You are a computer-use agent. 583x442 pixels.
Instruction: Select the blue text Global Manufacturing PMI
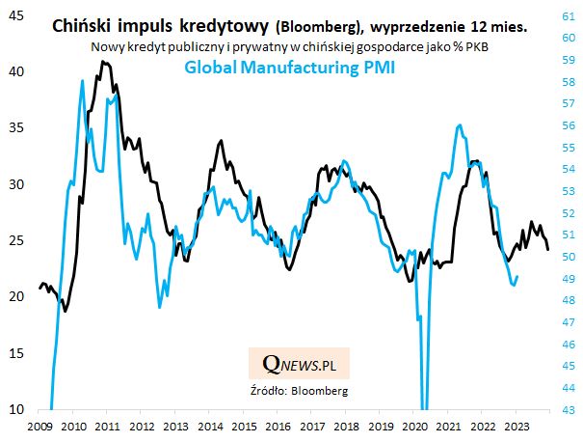coord(290,69)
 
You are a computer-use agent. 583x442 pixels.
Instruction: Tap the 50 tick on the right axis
coord(569,256)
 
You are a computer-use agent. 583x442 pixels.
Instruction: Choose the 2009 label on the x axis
coord(40,425)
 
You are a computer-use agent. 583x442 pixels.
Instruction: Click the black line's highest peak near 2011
coord(102,61)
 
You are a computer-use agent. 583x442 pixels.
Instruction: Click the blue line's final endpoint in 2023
coord(517,277)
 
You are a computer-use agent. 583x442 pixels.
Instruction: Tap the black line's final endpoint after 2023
coord(548,250)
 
